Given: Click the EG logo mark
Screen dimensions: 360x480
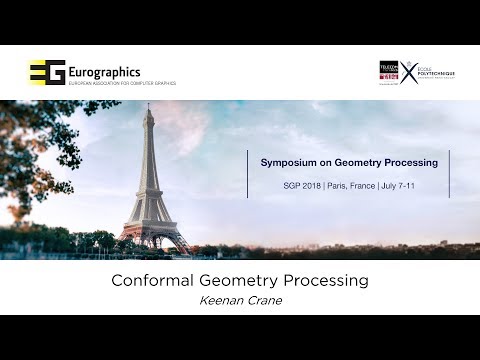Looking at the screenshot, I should click(47, 72).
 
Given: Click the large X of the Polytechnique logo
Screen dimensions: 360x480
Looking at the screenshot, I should click(410, 71).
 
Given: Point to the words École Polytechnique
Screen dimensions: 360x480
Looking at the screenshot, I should click(436, 71).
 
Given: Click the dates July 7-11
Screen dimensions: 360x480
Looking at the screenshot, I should click(401, 186).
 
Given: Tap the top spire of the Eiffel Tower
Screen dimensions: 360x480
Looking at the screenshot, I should click(148, 109).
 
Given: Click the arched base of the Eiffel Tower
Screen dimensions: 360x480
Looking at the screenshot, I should click(153, 238).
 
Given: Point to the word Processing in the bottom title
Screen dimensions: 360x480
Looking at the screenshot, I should click(325, 281).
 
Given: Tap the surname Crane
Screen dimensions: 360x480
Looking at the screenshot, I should click(264, 300).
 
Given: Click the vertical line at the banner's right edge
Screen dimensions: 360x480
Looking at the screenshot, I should click(449, 174).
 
